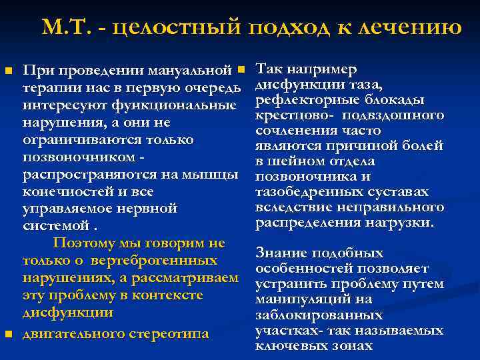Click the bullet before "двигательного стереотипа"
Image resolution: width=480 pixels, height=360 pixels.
(x=9, y=333)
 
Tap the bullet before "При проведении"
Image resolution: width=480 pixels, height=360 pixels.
(x=9, y=70)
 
